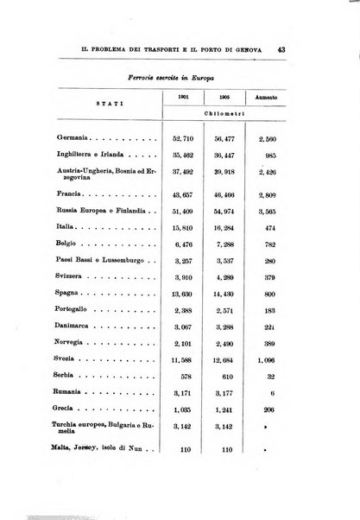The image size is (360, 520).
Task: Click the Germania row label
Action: (x=73, y=137)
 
